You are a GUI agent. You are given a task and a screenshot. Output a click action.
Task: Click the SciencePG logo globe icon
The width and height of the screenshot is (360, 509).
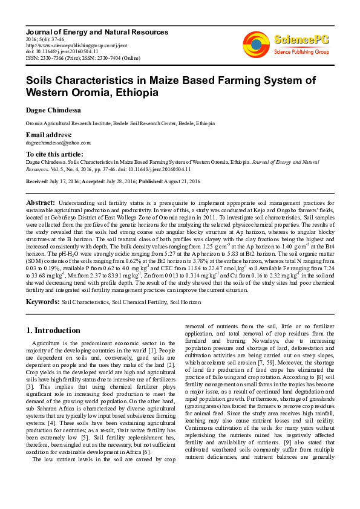tap(256, 43)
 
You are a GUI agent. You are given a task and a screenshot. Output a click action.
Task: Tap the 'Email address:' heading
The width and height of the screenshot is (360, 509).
tap(48, 135)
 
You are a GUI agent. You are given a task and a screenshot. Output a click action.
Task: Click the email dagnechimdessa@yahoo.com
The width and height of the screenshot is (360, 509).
tap(58, 143)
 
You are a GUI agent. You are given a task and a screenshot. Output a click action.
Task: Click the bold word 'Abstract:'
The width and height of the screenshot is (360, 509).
tap(41, 202)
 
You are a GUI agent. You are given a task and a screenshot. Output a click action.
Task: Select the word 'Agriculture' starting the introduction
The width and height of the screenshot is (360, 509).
tap(48, 343)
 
